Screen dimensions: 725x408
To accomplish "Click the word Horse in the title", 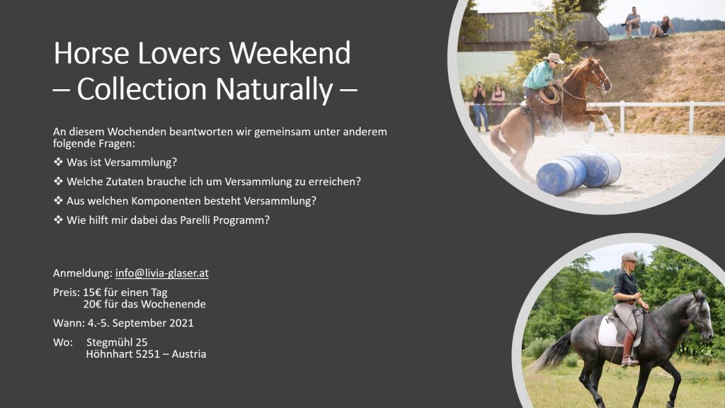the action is pos(91,52).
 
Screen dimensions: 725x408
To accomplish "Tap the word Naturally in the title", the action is pos(274,89).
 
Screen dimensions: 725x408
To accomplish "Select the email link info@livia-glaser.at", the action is pos(162,273).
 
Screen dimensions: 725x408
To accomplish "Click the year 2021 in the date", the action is pos(181,323).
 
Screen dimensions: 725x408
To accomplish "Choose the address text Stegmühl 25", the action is pos(117,342).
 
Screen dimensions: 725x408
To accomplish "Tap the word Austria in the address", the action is pos(189,354).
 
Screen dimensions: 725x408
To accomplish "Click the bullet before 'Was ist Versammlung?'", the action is pos(58,162).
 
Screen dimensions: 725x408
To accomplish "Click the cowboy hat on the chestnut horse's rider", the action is pos(554,58).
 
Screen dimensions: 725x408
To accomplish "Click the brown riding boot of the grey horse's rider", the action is pos(629,348).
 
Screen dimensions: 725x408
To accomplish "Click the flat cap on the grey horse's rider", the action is pos(629,257).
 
